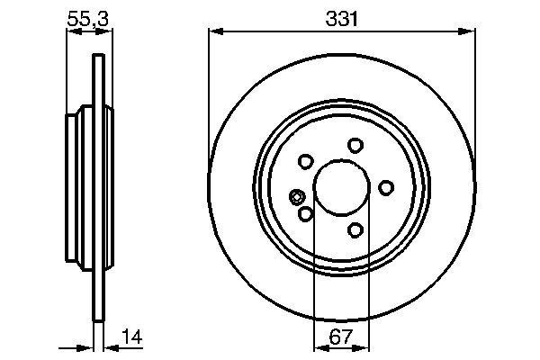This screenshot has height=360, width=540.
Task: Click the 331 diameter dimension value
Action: point(341,17)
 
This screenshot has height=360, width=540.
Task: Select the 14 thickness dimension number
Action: point(132,338)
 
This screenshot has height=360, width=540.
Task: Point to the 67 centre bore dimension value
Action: point(341,338)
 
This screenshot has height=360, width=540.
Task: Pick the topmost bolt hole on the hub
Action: point(355,145)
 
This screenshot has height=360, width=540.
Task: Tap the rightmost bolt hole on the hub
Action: point(386,187)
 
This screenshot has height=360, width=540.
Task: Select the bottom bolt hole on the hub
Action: point(356,230)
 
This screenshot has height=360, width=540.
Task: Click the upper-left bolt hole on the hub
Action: point(305,162)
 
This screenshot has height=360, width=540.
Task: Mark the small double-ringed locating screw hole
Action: point(298,197)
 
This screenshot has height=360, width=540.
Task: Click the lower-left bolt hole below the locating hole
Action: point(305,214)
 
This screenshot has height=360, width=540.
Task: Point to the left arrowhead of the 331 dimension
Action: point(214,33)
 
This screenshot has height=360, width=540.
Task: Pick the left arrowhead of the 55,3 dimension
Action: point(73,33)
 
